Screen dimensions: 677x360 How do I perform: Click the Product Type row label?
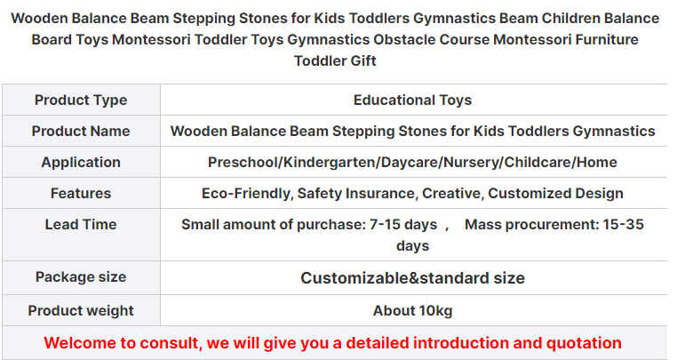(x=81, y=100)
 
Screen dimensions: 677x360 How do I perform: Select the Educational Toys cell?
(x=412, y=100)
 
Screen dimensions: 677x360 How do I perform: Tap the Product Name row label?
(x=81, y=131)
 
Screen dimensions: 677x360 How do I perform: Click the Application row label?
(x=81, y=162)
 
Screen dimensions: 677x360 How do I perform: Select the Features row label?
(x=81, y=193)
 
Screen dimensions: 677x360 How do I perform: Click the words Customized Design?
(x=555, y=194)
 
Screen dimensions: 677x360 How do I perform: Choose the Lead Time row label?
(x=81, y=224)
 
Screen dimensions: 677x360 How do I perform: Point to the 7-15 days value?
(x=403, y=225)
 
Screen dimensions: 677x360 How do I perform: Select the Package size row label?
(x=81, y=277)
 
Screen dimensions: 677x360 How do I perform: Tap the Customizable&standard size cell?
(x=412, y=278)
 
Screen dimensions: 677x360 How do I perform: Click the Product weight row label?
(x=81, y=311)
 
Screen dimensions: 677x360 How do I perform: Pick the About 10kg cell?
(x=412, y=311)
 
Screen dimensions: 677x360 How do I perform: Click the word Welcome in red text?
(x=80, y=343)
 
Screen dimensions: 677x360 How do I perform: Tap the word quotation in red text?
(x=584, y=343)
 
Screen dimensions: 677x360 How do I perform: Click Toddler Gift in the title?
(x=335, y=61)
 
